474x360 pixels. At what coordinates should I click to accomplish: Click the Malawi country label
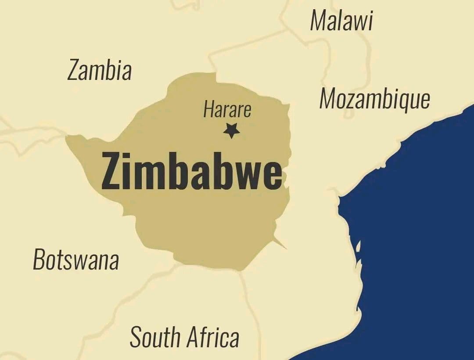pos(341,21)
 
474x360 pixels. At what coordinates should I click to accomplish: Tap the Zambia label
pos(100,70)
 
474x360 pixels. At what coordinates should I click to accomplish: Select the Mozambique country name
pos(374,99)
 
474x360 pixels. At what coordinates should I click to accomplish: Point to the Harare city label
pos(227,109)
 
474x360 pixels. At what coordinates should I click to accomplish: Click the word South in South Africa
pos(155,337)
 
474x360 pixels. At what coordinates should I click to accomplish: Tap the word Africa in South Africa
pos(212,337)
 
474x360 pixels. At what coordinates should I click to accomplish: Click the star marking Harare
pos(231,130)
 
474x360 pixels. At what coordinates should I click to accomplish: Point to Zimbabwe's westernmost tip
pos(67,138)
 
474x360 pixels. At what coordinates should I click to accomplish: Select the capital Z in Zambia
pos(74,70)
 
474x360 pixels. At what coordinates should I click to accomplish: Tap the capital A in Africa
pos(191,337)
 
